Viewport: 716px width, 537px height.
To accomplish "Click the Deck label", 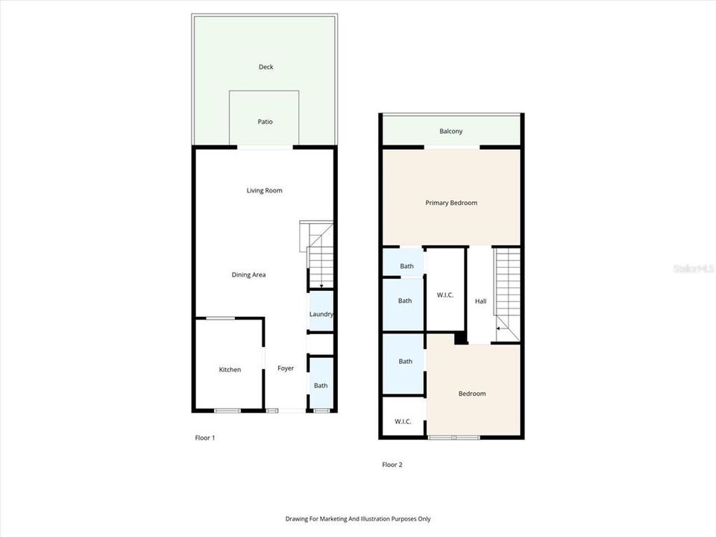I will pyautogui.click(x=266, y=67).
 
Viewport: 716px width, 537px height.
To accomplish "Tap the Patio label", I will pyautogui.click(x=265, y=122).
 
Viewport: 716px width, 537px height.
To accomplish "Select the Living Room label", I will pyautogui.click(x=265, y=191).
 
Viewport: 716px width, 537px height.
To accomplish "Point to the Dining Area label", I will pyautogui.click(x=248, y=275).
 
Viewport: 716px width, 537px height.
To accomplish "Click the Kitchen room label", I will pyautogui.click(x=230, y=370).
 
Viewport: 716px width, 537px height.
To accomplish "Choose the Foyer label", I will pyautogui.click(x=286, y=368).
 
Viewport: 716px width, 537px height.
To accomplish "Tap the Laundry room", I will pyautogui.click(x=321, y=315).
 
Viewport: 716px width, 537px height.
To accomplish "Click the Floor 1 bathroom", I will pyautogui.click(x=321, y=386).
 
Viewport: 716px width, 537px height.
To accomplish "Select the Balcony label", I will pyautogui.click(x=450, y=131).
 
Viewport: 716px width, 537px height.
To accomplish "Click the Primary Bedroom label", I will pyautogui.click(x=451, y=203).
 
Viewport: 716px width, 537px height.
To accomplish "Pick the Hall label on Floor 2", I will pyautogui.click(x=480, y=301).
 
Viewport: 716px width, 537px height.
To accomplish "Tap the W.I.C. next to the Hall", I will pyautogui.click(x=445, y=295).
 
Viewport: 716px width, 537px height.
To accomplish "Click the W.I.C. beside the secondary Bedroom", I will pyautogui.click(x=403, y=421).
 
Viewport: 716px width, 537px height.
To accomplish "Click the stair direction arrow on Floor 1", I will pyautogui.click(x=321, y=286).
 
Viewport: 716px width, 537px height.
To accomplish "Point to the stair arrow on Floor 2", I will pyautogui.click(x=498, y=327).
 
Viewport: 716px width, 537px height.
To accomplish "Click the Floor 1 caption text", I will pyautogui.click(x=204, y=438).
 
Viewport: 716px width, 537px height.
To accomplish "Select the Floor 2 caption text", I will pyautogui.click(x=392, y=465).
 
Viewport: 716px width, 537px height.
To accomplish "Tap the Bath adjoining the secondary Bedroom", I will pyautogui.click(x=405, y=362).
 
